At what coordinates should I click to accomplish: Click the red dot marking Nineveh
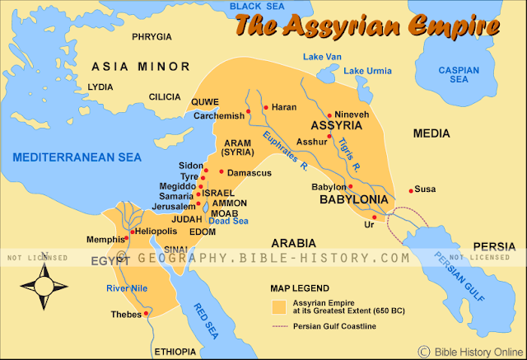329,115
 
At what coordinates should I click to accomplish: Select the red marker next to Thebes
146,313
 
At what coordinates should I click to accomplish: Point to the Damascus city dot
221,172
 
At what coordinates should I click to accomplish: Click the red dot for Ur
375,217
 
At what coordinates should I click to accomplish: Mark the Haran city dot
265,106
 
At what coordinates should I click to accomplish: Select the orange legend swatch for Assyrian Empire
281,306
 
